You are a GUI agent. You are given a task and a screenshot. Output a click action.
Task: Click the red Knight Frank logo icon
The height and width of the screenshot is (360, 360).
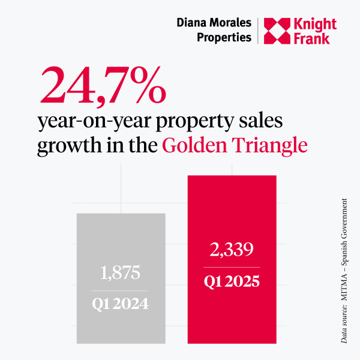tap(280, 31)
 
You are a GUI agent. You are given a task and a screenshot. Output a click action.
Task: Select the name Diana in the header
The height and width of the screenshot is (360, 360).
tap(193, 23)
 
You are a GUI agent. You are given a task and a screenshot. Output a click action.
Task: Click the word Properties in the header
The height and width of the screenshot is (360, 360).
tap(224, 37)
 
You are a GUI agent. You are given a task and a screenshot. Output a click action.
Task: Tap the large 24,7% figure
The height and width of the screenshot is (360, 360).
tap(102, 85)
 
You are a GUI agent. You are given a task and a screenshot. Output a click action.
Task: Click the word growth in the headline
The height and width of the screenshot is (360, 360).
tap(69, 147)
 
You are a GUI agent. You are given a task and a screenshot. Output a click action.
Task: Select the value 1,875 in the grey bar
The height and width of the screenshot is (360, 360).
tap(121, 274)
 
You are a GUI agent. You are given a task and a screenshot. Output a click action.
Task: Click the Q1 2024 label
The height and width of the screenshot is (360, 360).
tap(121, 304)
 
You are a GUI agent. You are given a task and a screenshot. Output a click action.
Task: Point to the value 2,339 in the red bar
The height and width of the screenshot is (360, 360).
tap(233, 250)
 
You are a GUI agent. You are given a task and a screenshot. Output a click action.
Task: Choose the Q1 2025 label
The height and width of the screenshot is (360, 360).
tap(233, 280)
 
